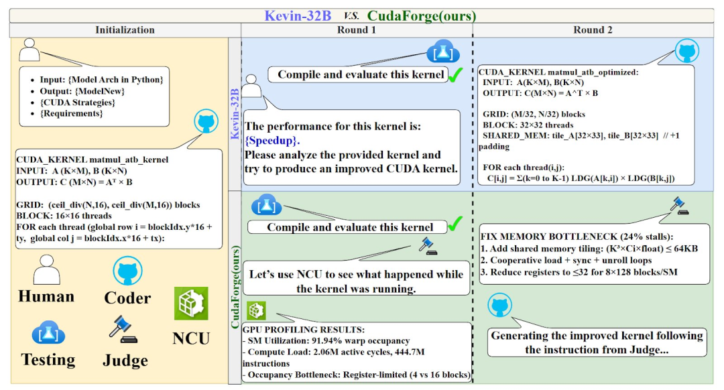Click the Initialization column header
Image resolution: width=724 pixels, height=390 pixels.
tap(125, 29)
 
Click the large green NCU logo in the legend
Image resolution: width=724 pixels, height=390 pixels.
tap(191, 304)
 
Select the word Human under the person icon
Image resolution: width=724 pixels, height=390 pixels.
tap(46, 296)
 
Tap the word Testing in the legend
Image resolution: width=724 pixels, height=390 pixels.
tap(48, 359)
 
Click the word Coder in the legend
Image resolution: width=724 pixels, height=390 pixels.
tap(127, 298)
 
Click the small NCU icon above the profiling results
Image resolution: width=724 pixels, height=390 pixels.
tap(257, 311)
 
